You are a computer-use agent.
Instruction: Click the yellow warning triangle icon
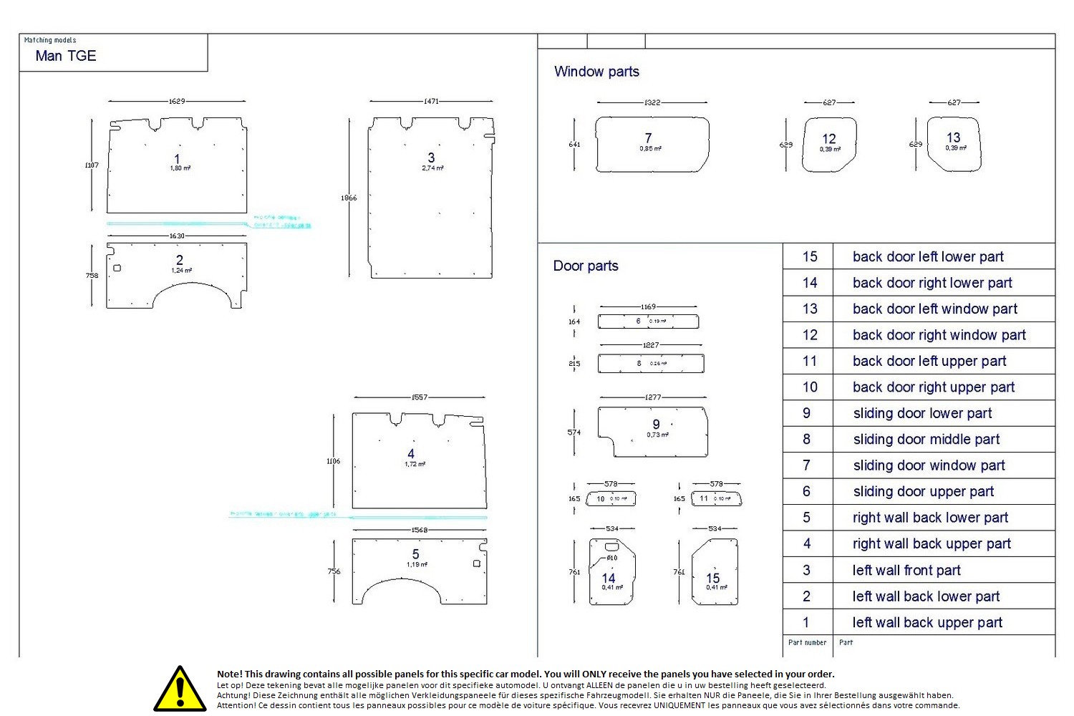click(180, 690)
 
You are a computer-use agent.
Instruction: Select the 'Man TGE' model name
click(66, 56)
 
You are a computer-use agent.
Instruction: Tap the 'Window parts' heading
click(596, 72)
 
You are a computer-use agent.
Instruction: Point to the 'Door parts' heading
click(586, 266)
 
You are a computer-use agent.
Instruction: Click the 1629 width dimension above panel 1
click(177, 101)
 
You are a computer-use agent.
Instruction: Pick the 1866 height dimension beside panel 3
click(349, 198)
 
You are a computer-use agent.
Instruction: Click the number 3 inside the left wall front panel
click(431, 158)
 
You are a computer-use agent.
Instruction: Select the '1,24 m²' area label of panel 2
click(181, 271)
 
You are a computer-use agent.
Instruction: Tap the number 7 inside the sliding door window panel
click(648, 138)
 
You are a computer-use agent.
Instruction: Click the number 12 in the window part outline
click(829, 139)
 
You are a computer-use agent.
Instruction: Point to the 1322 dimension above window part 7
click(652, 102)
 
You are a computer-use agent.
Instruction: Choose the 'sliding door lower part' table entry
click(922, 413)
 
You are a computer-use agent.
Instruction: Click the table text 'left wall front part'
click(906, 570)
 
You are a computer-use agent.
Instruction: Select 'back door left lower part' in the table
click(928, 256)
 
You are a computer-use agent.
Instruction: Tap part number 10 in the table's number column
click(810, 387)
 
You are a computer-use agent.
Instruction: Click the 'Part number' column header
click(807, 642)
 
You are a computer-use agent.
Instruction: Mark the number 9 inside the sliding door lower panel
click(656, 425)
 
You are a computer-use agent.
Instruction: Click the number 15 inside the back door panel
click(713, 578)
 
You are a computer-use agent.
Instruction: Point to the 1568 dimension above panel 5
click(420, 530)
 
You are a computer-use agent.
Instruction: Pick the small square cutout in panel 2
click(117, 268)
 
